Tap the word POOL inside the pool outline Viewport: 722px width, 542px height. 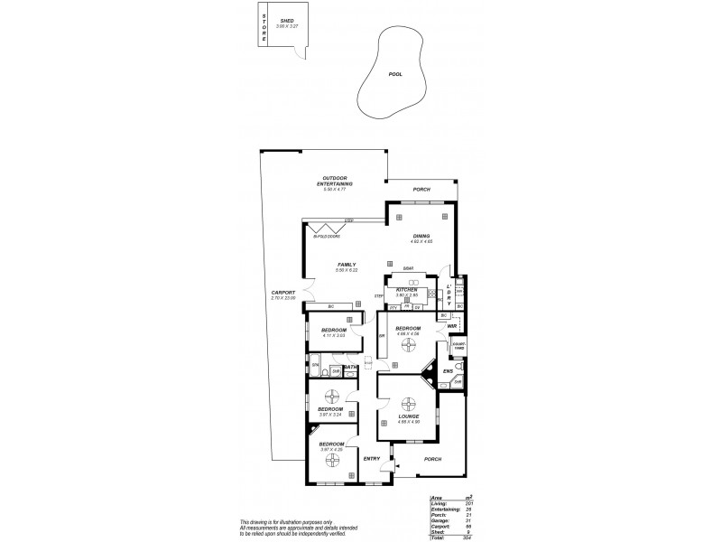394,74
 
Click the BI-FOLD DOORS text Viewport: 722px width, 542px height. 326,237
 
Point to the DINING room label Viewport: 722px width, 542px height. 422,236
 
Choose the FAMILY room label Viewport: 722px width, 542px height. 346,265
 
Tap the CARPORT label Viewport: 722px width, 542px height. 283,293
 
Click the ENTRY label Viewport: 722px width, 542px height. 371,459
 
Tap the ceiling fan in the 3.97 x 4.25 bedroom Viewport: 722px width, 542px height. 332,463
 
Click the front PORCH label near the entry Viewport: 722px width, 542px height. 432,459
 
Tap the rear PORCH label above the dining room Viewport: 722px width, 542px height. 421,190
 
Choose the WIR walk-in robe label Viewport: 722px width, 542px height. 451,325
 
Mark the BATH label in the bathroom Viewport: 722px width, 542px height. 348,367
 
